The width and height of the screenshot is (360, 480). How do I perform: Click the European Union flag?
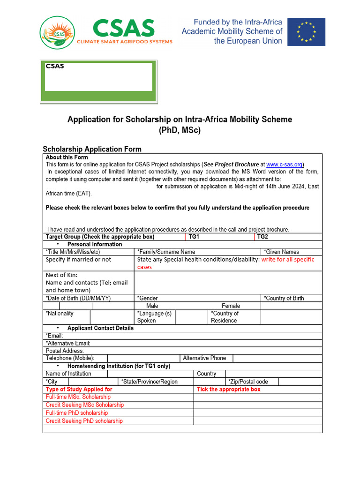(x=306, y=32)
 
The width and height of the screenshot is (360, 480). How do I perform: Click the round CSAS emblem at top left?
(x=57, y=33)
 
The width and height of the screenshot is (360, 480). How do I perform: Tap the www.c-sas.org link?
(x=285, y=165)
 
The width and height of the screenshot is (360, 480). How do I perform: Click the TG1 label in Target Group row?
(x=194, y=237)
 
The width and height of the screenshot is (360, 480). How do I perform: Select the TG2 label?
(x=262, y=237)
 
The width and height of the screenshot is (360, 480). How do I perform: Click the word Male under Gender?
(x=152, y=306)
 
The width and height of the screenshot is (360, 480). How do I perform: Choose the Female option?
(x=231, y=306)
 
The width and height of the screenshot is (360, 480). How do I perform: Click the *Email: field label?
(x=54, y=336)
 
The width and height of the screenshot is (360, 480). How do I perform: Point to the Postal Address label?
(x=65, y=351)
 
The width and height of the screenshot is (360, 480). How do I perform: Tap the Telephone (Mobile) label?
(x=70, y=358)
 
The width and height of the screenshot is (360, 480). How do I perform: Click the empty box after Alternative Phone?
(x=277, y=358)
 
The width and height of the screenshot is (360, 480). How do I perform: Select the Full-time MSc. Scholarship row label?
(x=78, y=397)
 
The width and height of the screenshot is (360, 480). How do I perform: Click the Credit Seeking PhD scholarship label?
(x=84, y=421)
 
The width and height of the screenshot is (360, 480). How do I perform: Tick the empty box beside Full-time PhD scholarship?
(x=258, y=413)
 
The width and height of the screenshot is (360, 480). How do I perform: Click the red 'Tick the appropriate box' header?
(x=229, y=389)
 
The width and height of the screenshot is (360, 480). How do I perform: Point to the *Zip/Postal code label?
(x=248, y=382)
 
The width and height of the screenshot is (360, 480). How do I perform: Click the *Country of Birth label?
(x=284, y=298)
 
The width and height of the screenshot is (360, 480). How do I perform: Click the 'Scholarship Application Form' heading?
(x=92, y=149)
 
